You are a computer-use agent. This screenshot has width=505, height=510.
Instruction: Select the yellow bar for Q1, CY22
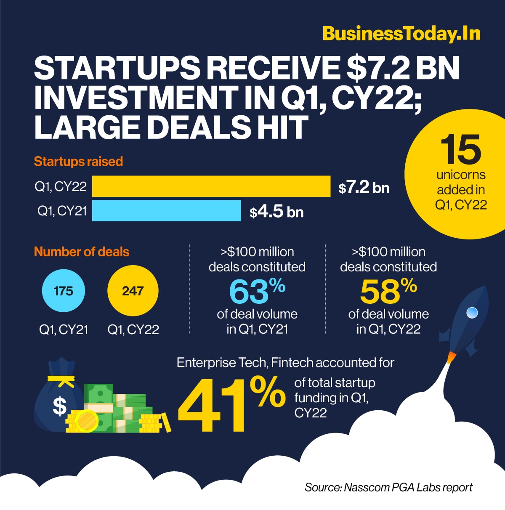click(211, 186)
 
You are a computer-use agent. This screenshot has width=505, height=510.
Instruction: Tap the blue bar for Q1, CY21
click(166, 210)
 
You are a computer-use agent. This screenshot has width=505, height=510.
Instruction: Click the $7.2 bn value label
click(364, 188)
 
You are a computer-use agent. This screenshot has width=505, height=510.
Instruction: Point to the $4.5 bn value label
click(276, 212)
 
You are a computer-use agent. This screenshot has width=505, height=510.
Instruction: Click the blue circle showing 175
click(64, 291)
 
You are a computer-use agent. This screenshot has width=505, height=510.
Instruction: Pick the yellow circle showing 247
click(133, 291)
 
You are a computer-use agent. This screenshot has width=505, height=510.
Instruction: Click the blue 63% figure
click(257, 291)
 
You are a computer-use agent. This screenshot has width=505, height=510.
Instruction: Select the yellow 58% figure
click(388, 291)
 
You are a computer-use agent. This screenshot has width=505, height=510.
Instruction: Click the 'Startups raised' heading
click(78, 162)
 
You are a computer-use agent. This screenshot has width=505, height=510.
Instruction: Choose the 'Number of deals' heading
click(81, 252)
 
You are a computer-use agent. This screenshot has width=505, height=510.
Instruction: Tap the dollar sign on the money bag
click(59, 406)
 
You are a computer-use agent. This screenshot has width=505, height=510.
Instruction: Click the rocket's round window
click(473, 313)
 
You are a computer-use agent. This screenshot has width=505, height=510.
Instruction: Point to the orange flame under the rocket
click(451, 357)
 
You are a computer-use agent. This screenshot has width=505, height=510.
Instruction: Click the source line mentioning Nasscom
click(388, 487)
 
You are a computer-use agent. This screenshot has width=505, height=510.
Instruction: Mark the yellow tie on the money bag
click(61, 380)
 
